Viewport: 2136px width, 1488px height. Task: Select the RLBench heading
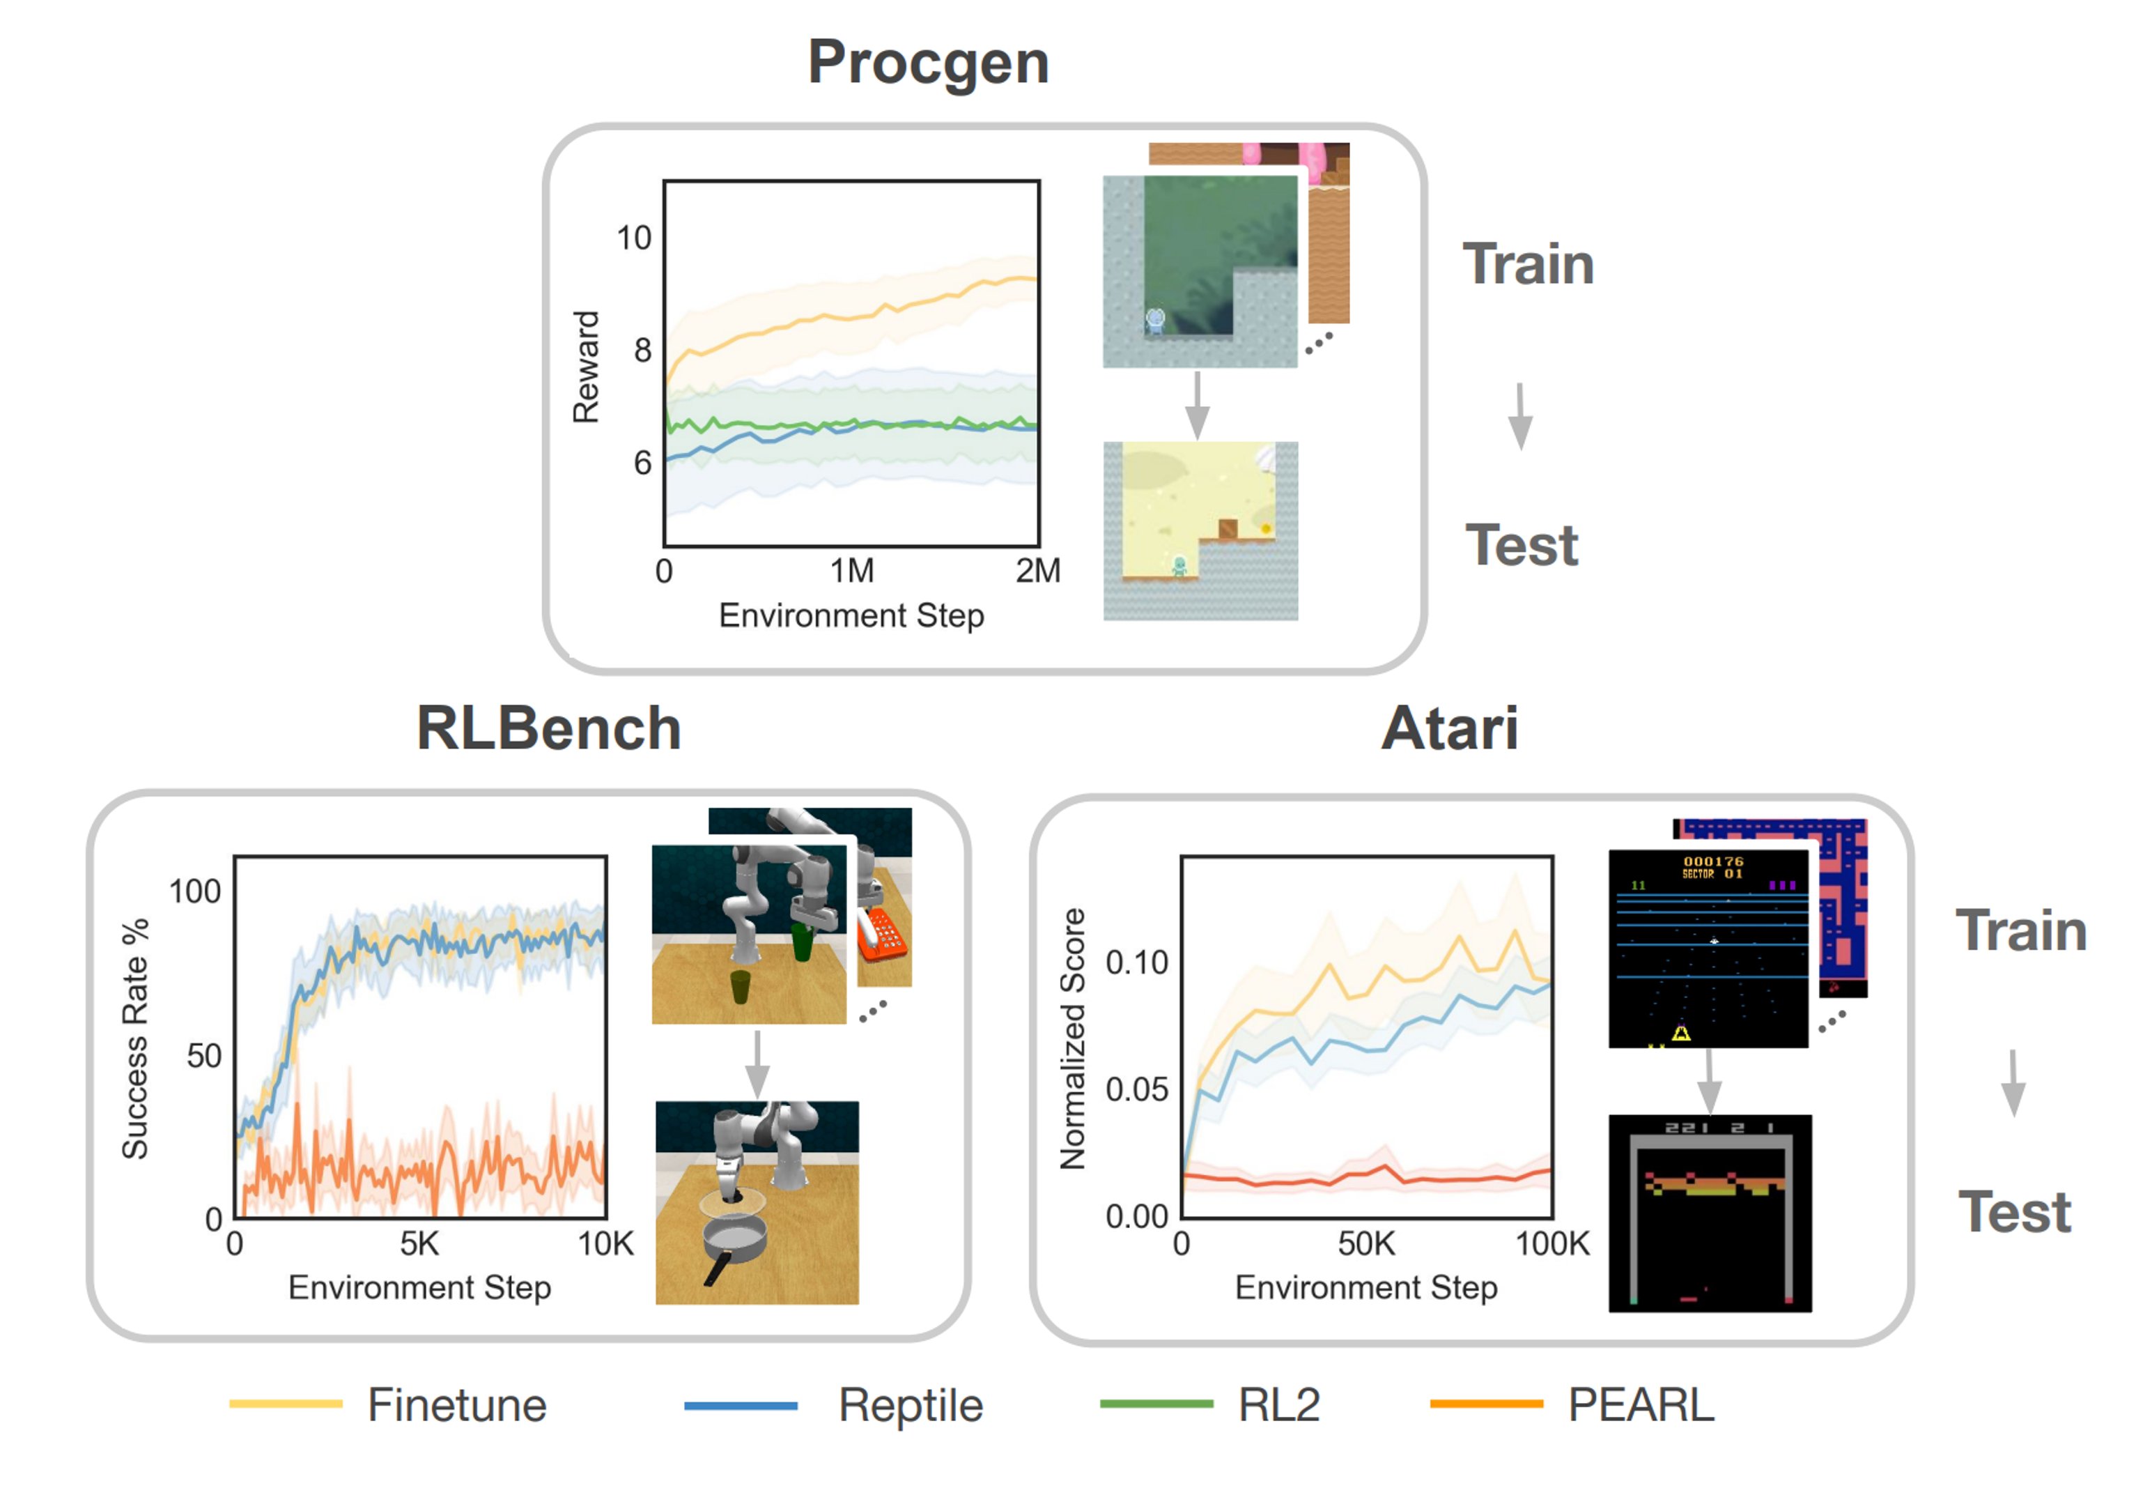[548, 728]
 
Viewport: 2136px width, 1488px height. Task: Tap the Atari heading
[1449, 728]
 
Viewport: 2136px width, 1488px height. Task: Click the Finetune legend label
[457, 1404]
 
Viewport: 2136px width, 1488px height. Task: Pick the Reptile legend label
[910, 1404]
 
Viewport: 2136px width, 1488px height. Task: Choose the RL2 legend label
[1278, 1404]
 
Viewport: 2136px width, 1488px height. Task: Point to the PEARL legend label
[1640, 1404]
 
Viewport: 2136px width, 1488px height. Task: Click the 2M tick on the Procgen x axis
[1037, 570]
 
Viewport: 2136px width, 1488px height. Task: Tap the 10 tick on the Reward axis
[633, 238]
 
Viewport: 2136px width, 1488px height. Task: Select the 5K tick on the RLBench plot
[419, 1243]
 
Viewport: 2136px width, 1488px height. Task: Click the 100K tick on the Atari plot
[1551, 1243]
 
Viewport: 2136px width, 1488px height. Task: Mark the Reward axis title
[586, 367]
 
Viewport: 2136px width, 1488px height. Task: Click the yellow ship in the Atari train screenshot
[1681, 1032]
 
